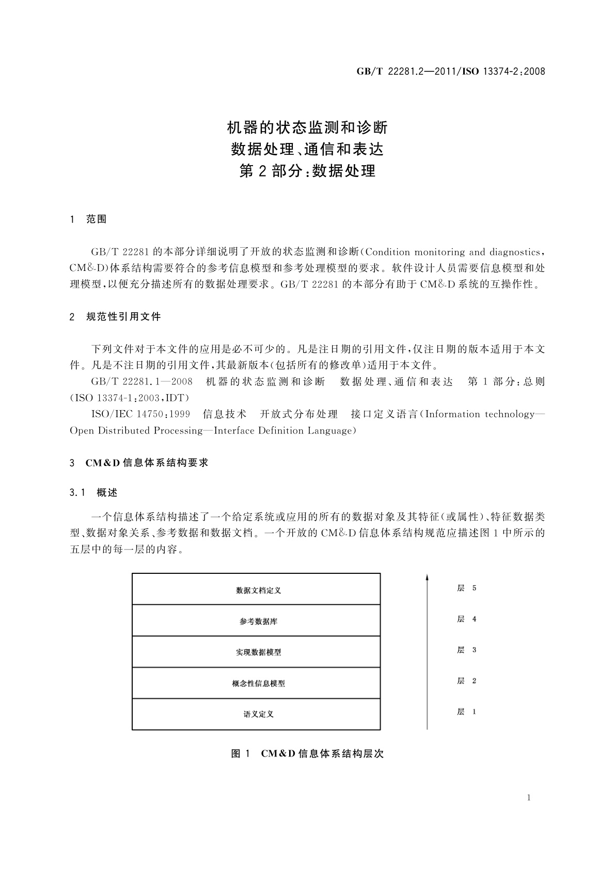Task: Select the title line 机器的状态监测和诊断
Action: pyautogui.click(x=307, y=127)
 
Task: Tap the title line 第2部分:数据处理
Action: pyautogui.click(x=307, y=171)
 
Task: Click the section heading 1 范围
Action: pyautogui.click(x=88, y=219)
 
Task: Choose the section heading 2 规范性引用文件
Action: pyautogui.click(x=115, y=317)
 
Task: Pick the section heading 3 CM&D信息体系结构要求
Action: pyautogui.click(x=139, y=463)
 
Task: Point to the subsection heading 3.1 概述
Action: pyautogui.click(x=93, y=493)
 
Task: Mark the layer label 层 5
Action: pyautogui.click(x=466, y=588)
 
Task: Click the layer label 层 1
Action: pyautogui.click(x=466, y=712)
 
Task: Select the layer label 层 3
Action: pyautogui.click(x=466, y=650)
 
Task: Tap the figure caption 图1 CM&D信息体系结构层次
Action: pyautogui.click(x=307, y=754)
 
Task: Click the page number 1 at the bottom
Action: pyautogui.click(x=529, y=798)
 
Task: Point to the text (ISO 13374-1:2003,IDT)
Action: pyautogui.click(x=130, y=398)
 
